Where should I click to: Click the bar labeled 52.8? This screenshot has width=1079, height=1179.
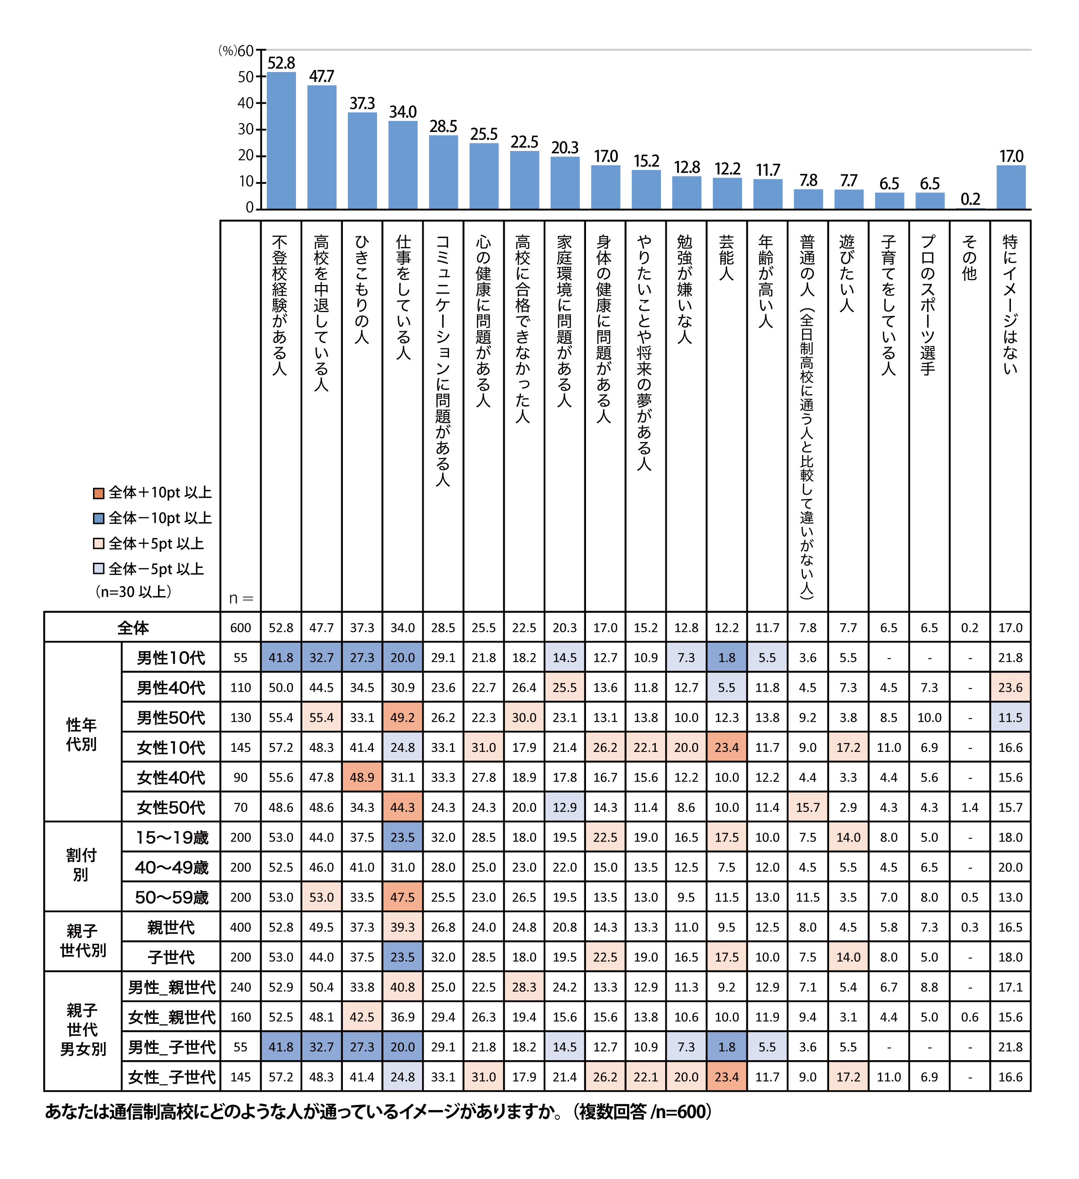point(281,140)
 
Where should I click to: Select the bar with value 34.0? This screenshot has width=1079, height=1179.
point(403,165)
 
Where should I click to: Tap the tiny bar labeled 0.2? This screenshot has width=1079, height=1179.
point(969,208)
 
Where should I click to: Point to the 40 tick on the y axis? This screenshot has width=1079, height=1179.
point(246,104)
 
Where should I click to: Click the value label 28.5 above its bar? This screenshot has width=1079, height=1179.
point(443,127)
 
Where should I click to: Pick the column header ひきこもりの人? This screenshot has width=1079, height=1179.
point(362,290)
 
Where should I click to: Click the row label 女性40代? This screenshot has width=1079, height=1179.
point(171,778)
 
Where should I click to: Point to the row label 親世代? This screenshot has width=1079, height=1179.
point(171,927)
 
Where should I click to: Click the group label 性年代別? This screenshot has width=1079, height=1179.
point(81,735)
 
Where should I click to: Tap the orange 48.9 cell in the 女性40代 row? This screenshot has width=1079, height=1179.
point(362,778)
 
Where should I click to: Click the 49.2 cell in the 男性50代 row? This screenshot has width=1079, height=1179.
point(403,718)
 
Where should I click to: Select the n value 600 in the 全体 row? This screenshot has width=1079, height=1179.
point(240,628)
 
